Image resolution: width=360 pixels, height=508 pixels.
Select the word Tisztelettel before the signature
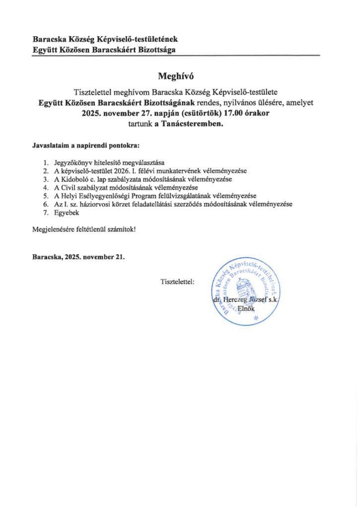pyautogui.click(x=177, y=282)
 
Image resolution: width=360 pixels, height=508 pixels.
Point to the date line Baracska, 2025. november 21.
pyautogui.click(x=78, y=257)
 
